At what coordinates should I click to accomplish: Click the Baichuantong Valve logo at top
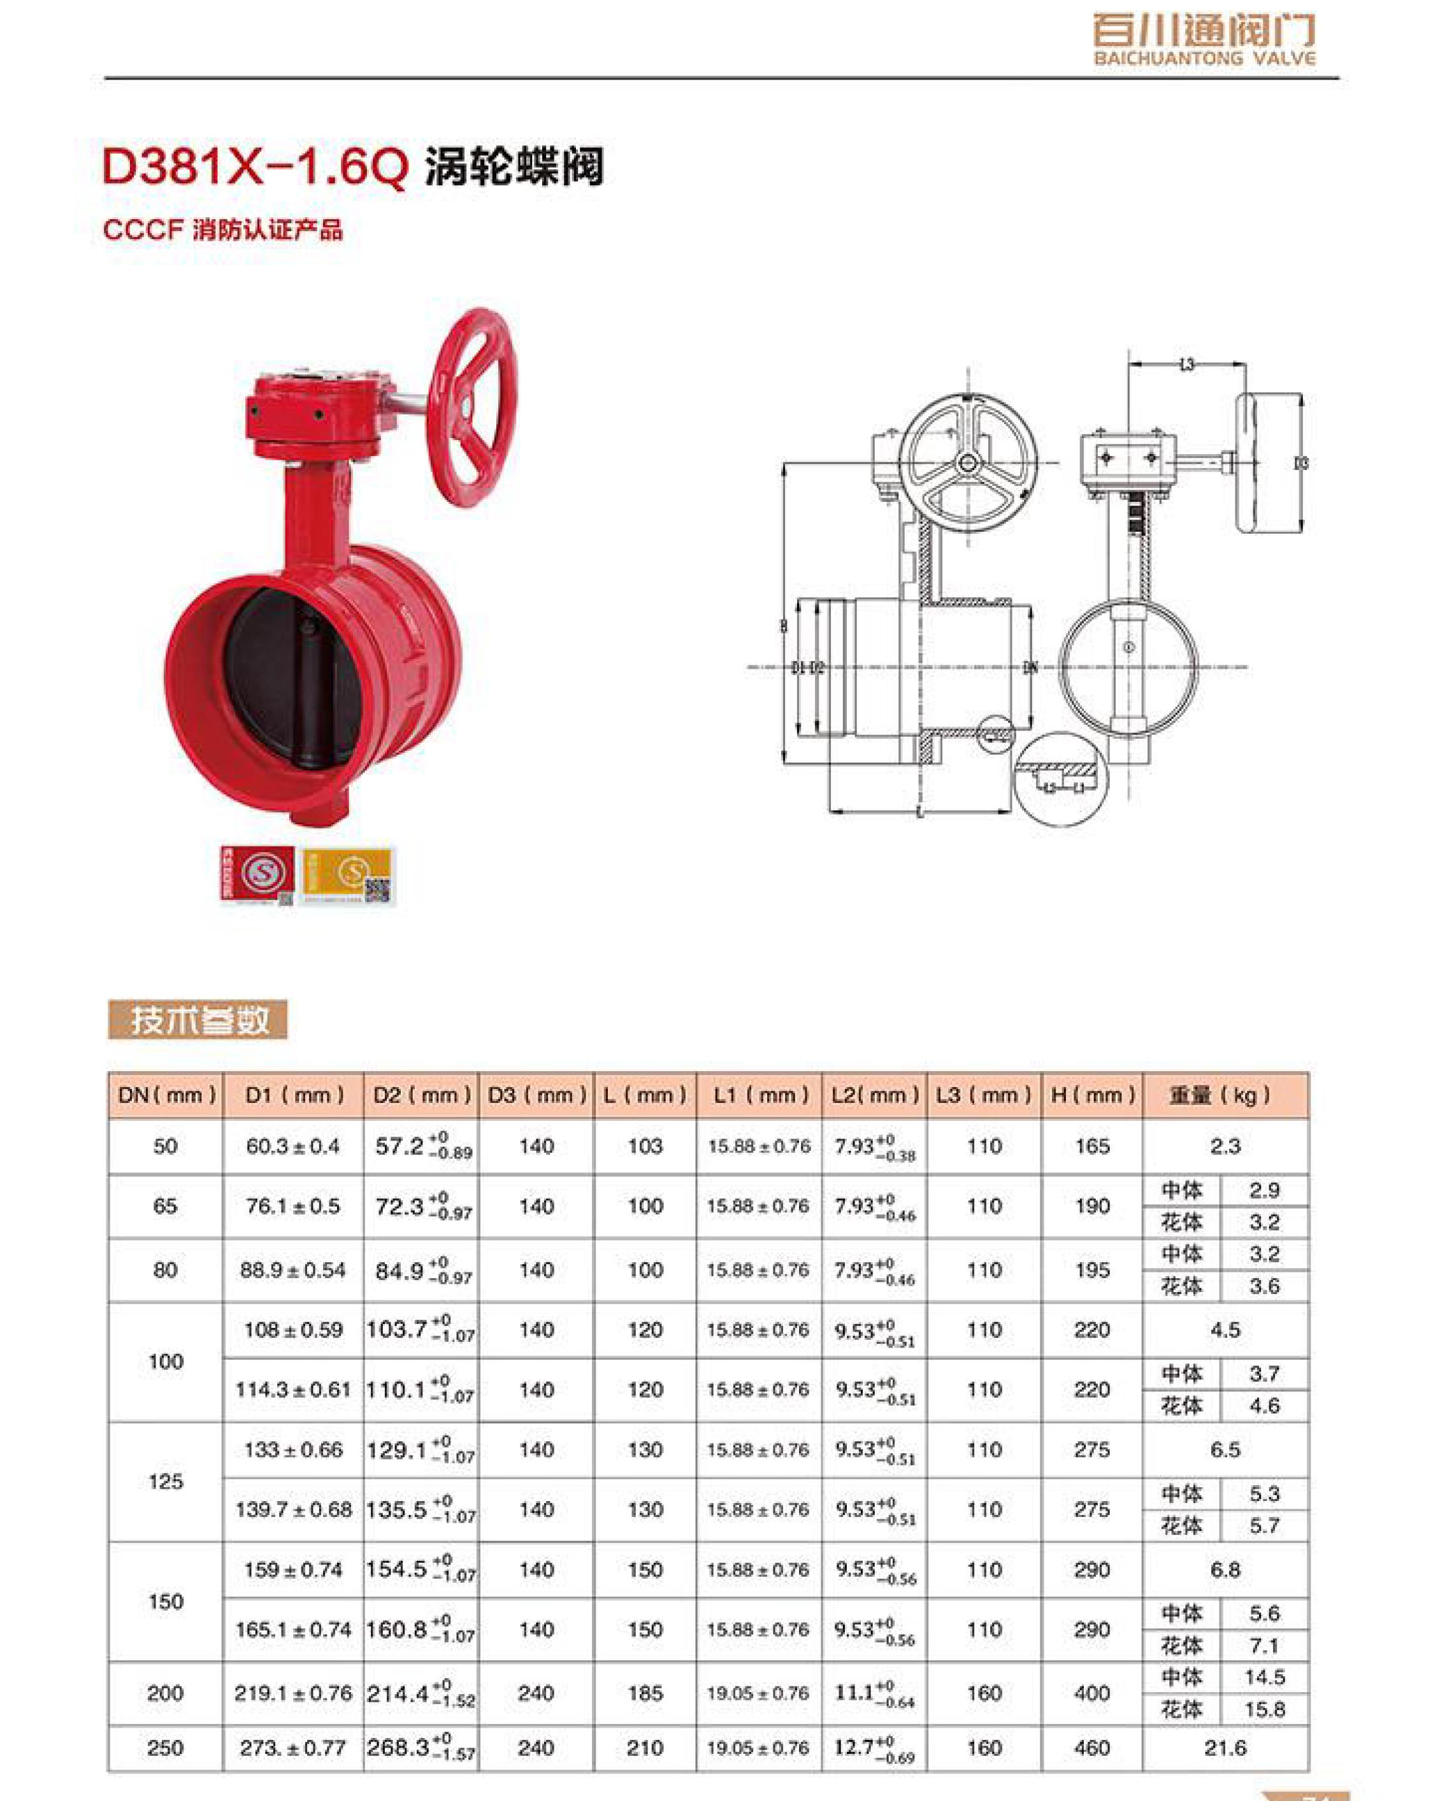point(1204,39)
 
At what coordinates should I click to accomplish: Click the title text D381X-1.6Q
point(255,167)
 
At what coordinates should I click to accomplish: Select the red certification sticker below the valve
point(257,875)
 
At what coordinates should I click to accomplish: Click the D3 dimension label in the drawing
point(1300,463)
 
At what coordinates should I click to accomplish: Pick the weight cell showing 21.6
point(1225,1748)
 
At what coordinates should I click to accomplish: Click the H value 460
point(1092,1748)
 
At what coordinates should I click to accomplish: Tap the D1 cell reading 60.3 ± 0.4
point(292,1146)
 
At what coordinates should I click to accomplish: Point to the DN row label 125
point(165,1481)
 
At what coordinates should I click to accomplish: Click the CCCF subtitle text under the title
point(223,231)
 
